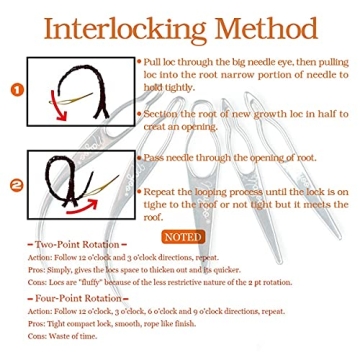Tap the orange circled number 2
pyautogui.click(x=15, y=184)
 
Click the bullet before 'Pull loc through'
pyautogui.click(x=139, y=61)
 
